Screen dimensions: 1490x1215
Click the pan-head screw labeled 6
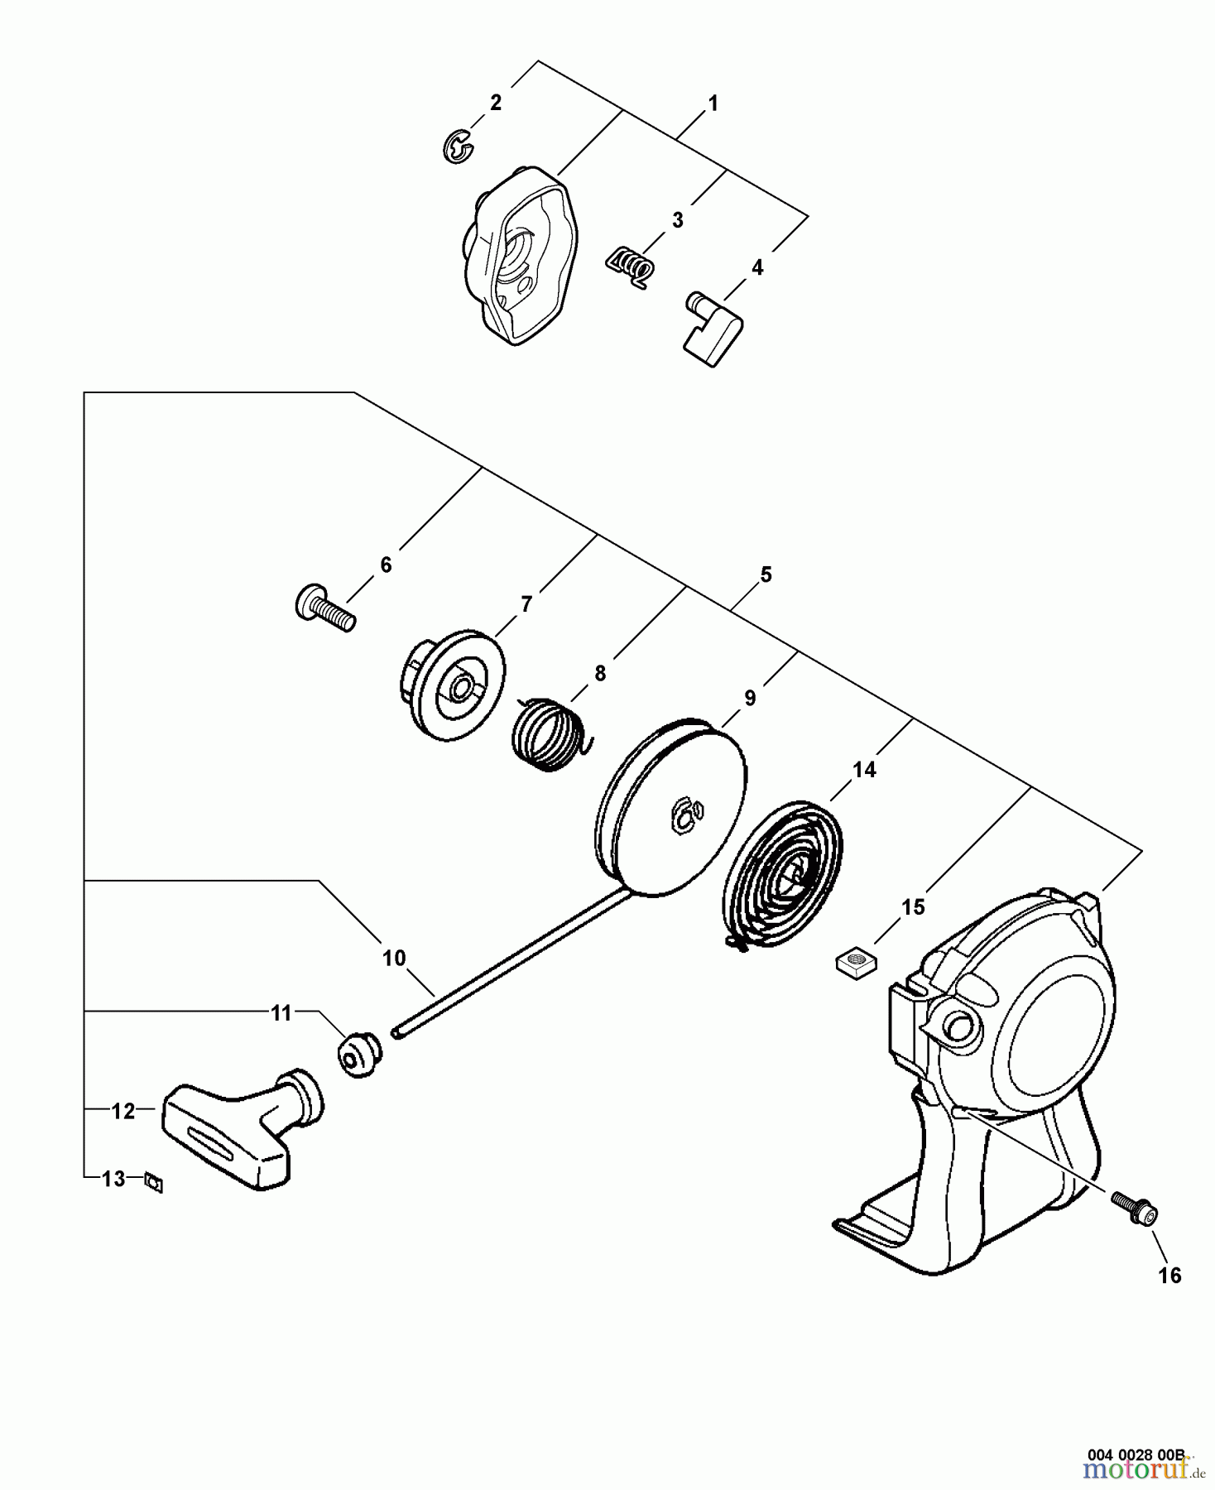coord(324,608)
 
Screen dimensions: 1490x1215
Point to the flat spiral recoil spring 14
coord(783,876)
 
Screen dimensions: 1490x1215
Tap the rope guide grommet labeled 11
coord(358,1054)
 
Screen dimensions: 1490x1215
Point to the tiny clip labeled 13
coord(154,1184)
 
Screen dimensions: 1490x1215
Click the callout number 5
coord(766,574)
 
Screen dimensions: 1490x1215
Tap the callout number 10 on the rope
coord(394,958)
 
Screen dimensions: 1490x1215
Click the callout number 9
coord(750,698)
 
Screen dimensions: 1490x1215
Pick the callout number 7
coord(527,603)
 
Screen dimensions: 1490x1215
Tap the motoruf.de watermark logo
coord(1140,1471)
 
